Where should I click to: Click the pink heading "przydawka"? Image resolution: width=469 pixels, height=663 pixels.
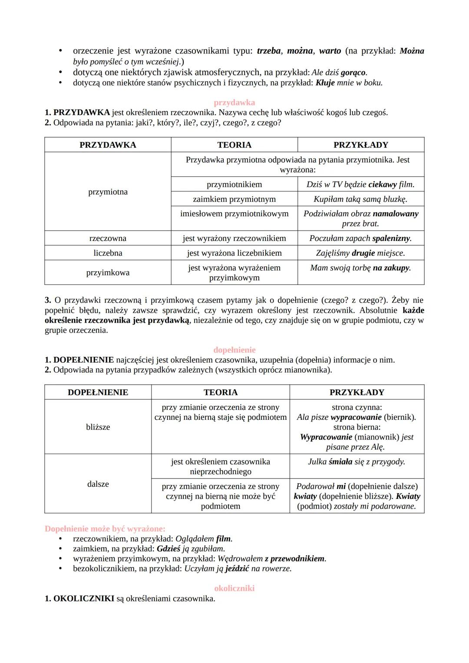pyautogui.click(x=234, y=102)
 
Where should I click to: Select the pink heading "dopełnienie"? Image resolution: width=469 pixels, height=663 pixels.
pyautogui.click(x=234, y=350)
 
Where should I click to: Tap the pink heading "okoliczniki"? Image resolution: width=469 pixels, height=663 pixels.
pyautogui.click(x=234, y=588)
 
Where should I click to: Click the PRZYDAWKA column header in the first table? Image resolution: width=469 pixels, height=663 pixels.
pyautogui.click(x=108, y=145)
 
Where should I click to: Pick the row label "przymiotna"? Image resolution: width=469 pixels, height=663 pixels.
pyautogui.click(x=108, y=192)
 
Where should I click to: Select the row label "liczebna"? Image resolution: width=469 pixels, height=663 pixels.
pyautogui.click(x=108, y=253)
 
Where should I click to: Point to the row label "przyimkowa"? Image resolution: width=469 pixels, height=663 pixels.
pyautogui.click(x=108, y=273)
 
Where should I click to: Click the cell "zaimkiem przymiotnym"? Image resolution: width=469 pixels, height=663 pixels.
pyautogui.click(x=234, y=199)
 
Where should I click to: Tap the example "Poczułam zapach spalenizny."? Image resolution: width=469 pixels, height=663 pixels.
pyautogui.click(x=360, y=238)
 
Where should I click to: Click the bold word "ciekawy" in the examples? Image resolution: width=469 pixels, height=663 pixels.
pyautogui.click(x=382, y=185)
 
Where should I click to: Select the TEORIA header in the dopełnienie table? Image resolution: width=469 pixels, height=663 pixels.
pyautogui.click(x=220, y=393)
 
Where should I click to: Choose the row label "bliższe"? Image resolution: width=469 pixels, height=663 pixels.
pyautogui.click(x=98, y=427)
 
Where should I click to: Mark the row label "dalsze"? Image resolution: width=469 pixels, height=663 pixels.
pyautogui.click(x=98, y=484)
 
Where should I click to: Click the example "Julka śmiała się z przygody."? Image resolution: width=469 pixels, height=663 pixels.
pyautogui.click(x=357, y=462)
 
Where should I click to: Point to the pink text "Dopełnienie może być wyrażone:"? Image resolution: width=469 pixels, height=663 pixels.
pyautogui.click(x=105, y=529)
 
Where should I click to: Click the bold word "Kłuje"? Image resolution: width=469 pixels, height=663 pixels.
pyautogui.click(x=325, y=82)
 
